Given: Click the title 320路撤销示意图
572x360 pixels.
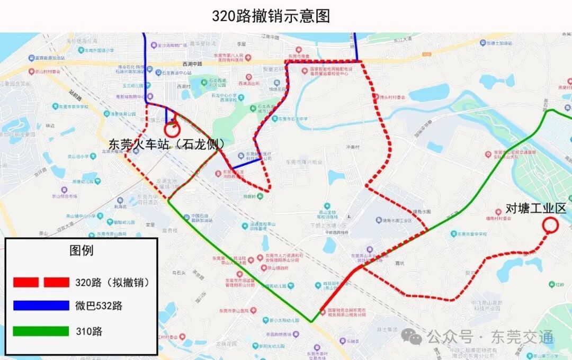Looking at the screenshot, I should (x=271, y=16).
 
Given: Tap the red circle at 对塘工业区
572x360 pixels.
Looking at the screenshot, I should (x=550, y=226).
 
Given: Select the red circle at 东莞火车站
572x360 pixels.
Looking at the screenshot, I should (x=172, y=129).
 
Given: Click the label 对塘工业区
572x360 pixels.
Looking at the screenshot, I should (x=536, y=208).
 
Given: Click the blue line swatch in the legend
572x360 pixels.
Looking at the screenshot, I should (x=41, y=305).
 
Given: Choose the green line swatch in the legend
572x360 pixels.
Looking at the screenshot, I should (x=41, y=331).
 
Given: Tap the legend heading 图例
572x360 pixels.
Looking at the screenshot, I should (x=81, y=250).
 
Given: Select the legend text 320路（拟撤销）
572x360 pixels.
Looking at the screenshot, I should (x=112, y=282).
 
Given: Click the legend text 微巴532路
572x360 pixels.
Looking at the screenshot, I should (x=99, y=306).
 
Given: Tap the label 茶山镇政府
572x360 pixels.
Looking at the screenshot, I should (x=276, y=268).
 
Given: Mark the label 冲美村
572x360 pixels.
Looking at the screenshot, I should (x=352, y=147).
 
